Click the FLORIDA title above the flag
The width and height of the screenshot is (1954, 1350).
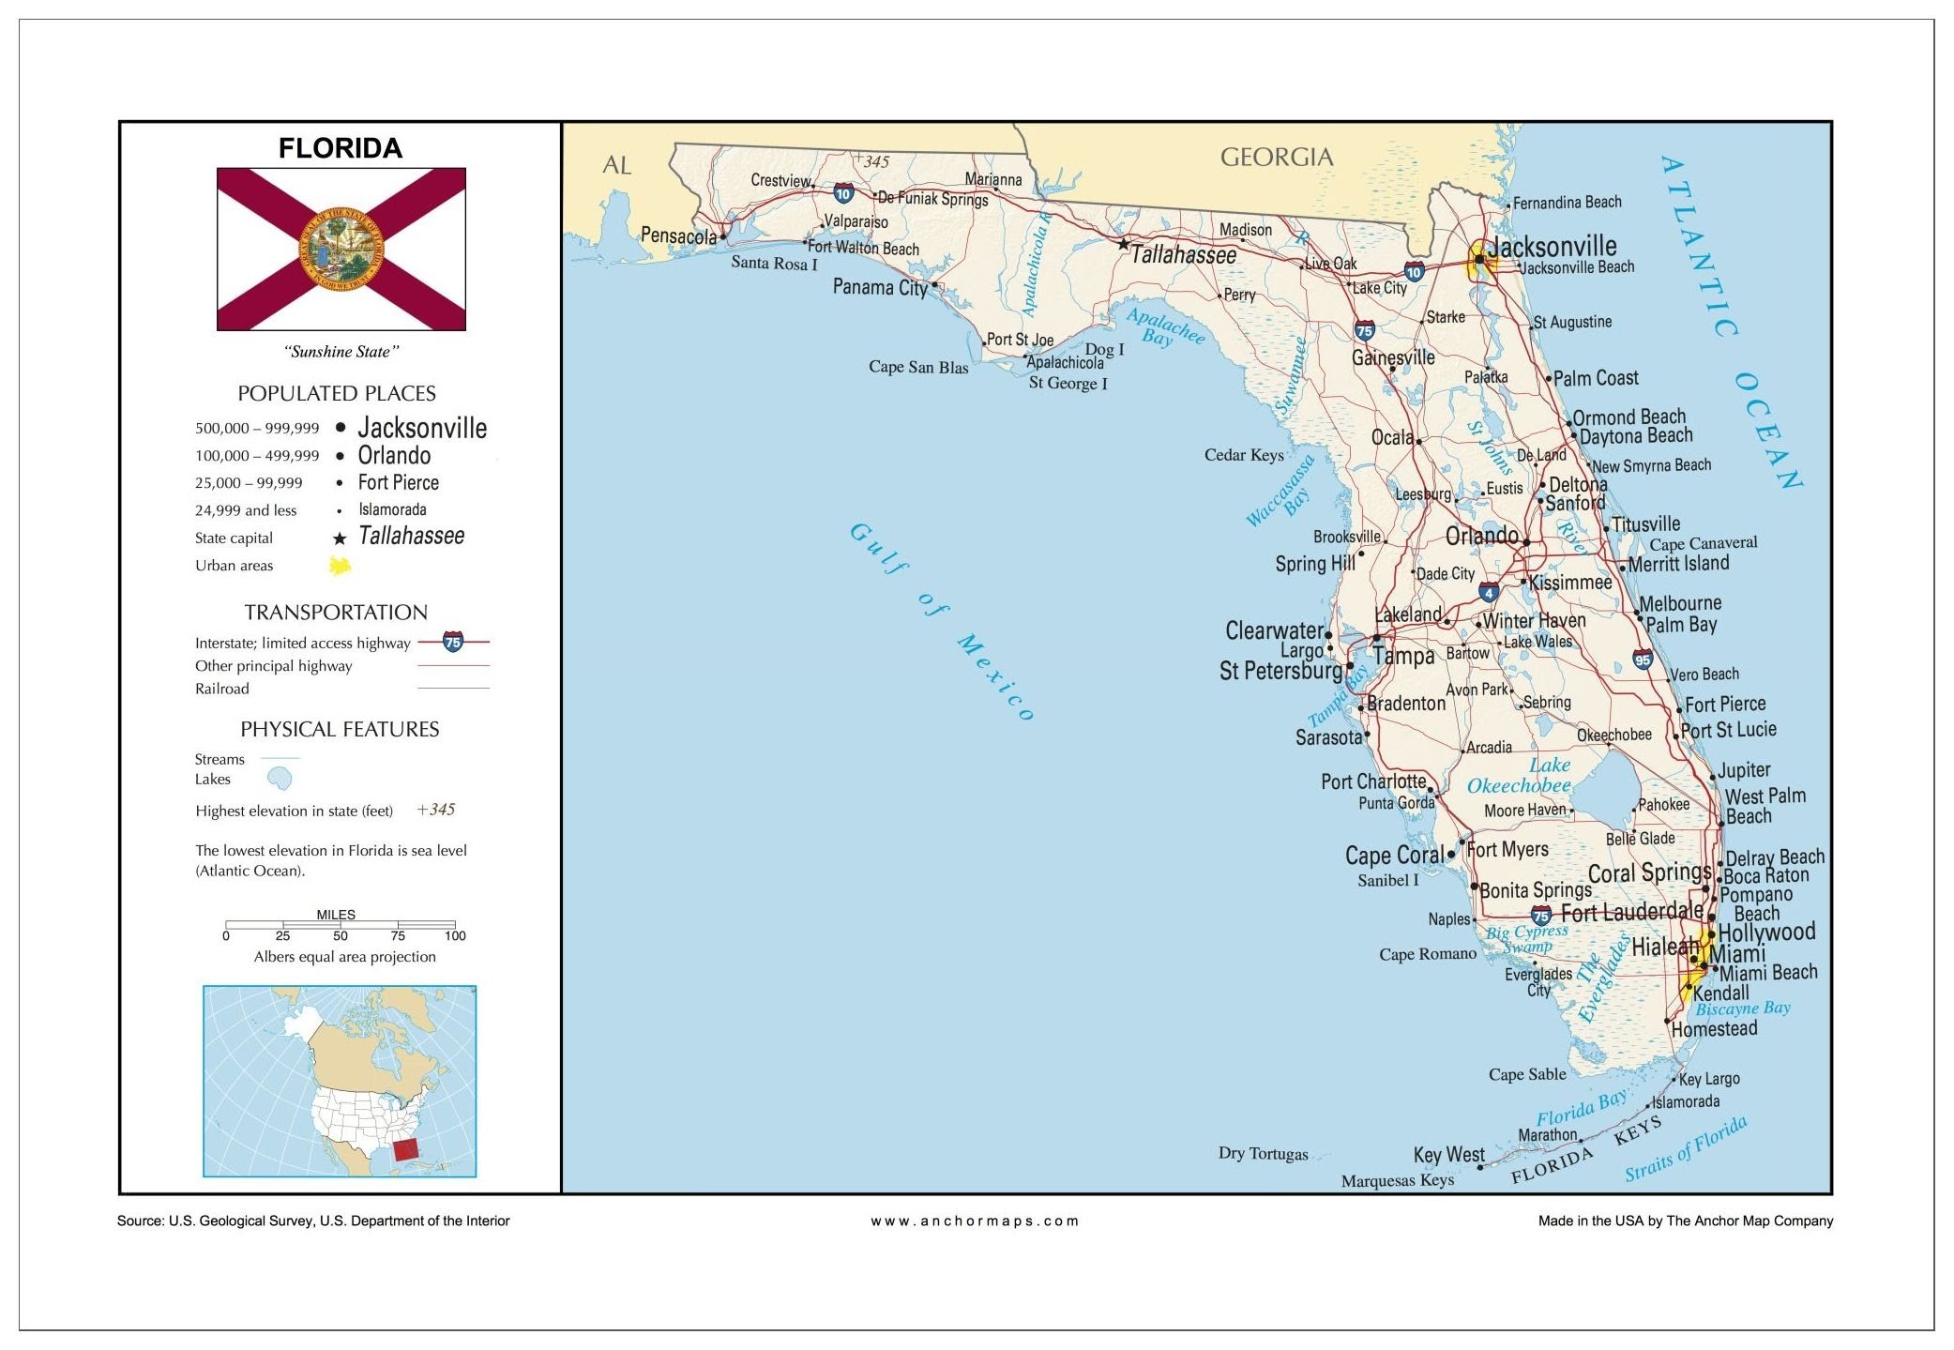(340, 148)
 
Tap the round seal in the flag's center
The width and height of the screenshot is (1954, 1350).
(341, 250)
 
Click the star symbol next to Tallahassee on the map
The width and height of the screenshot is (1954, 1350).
(1123, 244)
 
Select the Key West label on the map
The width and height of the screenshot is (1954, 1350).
(1448, 1155)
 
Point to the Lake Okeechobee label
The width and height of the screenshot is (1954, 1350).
(1520, 776)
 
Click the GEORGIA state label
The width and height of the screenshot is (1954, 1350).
(1276, 157)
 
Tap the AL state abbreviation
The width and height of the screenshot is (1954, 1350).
(616, 165)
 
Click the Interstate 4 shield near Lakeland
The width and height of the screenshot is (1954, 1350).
(1489, 592)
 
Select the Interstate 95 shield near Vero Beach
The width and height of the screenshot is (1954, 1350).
(1642, 660)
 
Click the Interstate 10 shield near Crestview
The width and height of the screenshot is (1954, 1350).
(843, 194)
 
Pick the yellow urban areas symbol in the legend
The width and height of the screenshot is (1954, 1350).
(340, 566)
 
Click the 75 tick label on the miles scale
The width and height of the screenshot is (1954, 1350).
(398, 936)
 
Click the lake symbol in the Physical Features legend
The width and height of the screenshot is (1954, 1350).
(280, 779)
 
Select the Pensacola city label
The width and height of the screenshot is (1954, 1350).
(677, 235)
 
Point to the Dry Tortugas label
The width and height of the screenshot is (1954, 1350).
(1263, 1153)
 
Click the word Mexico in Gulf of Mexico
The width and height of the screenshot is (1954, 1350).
(996, 677)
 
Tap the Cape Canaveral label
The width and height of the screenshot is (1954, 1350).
(1703, 543)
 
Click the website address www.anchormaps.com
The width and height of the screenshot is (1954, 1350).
(975, 1221)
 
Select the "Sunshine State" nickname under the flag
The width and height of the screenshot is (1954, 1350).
(341, 352)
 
